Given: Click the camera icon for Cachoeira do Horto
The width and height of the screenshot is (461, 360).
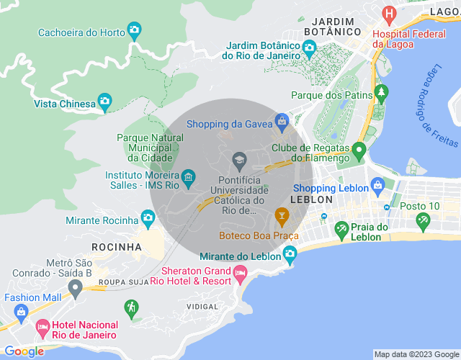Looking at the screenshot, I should pyautogui.click(x=134, y=30).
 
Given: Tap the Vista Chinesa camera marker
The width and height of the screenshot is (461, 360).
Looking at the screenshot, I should pyautogui.click(x=104, y=102).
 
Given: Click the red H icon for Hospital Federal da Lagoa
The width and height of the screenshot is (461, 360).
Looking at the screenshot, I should pyautogui.click(x=390, y=14).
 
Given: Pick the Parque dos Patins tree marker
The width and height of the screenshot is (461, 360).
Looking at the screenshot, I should pyautogui.click(x=380, y=94).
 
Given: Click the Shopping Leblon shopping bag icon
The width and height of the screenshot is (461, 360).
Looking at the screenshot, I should pyautogui.click(x=376, y=186).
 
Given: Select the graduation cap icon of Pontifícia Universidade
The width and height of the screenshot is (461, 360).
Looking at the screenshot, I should pyautogui.click(x=239, y=158).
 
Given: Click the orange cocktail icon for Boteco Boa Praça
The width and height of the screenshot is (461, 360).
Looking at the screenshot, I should pyautogui.click(x=282, y=215).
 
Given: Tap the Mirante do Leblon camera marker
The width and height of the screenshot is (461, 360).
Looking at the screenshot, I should pyautogui.click(x=290, y=253).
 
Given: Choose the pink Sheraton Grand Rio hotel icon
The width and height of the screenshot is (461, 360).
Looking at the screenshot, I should pyautogui.click(x=240, y=272).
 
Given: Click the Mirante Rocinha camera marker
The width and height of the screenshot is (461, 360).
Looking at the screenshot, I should pyautogui.click(x=148, y=217).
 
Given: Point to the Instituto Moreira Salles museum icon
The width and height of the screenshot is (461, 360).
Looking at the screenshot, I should pyautogui.click(x=188, y=176).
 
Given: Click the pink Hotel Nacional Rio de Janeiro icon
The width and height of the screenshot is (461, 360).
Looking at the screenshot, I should pyautogui.click(x=42, y=328).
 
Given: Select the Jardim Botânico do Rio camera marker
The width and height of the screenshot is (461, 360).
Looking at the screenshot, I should pyautogui.click(x=309, y=48).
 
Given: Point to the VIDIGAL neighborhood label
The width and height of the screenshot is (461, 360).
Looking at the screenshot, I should pyautogui.click(x=202, y=306).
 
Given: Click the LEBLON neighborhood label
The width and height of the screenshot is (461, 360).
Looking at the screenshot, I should pyautogui.click(x=311, y=199).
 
